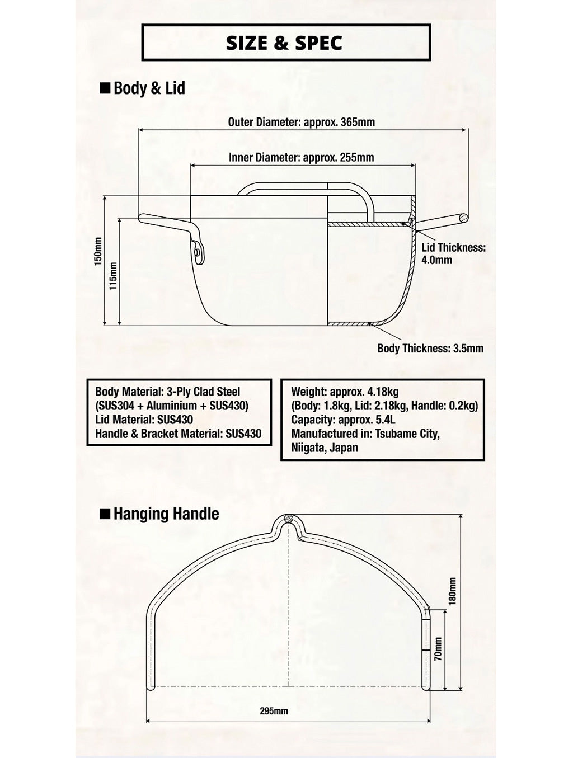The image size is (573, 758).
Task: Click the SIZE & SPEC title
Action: point(284,43)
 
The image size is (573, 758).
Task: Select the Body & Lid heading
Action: point(149,88)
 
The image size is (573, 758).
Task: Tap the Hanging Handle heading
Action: point(166,514)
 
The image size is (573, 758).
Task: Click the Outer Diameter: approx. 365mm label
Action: point(301,123)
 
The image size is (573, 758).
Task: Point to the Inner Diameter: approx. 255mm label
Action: point(301,157)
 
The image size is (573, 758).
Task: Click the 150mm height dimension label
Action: point(98,251)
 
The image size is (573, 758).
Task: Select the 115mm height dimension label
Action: point(113,276)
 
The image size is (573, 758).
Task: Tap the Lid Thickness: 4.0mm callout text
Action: point(453,253)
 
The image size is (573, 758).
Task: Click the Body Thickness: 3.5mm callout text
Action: point(430,348)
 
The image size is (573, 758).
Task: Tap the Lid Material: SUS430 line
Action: point(144,420)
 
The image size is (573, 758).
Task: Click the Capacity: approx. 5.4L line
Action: point(344,420)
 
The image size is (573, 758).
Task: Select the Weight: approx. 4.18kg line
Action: point(345,392)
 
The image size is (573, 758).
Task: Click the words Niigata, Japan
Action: point(325,448)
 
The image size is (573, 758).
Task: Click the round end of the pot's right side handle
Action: point(464,218)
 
